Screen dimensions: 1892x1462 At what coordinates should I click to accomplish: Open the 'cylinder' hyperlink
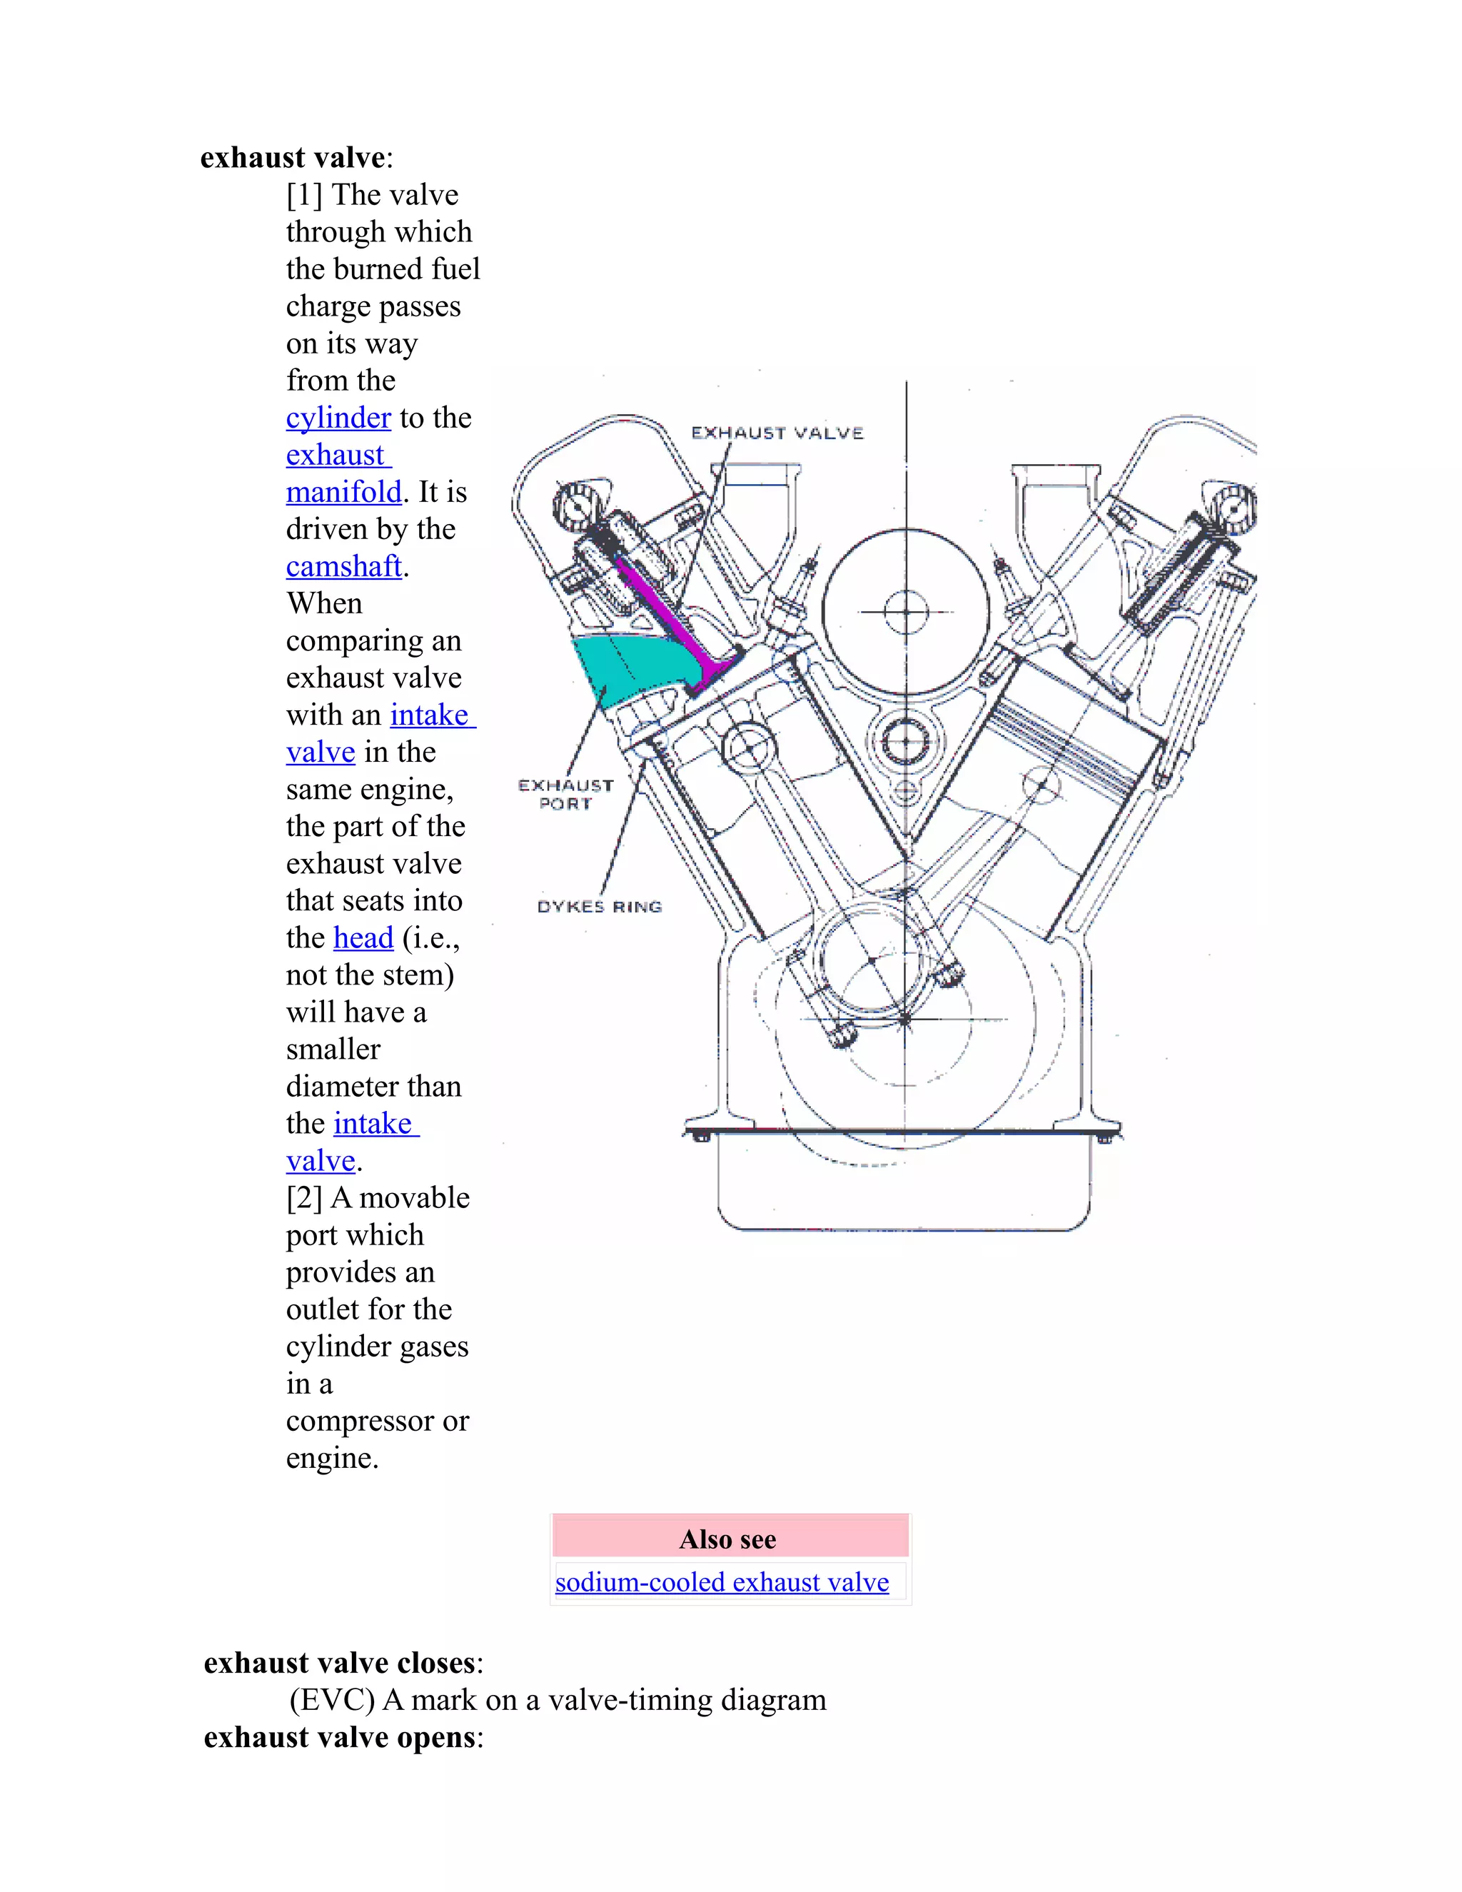(338, 418)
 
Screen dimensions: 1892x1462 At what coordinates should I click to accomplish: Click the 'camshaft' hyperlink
(344, 567)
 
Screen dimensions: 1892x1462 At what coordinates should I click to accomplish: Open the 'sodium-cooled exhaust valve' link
(722, 1582)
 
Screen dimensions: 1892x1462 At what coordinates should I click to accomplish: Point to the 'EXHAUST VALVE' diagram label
(777, 433)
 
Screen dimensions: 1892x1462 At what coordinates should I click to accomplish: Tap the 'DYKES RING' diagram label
(600, 907)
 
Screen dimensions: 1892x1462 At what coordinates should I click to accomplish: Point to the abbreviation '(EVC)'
(332, 1701)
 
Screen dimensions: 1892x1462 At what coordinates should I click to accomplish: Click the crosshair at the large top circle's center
(906, 612)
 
